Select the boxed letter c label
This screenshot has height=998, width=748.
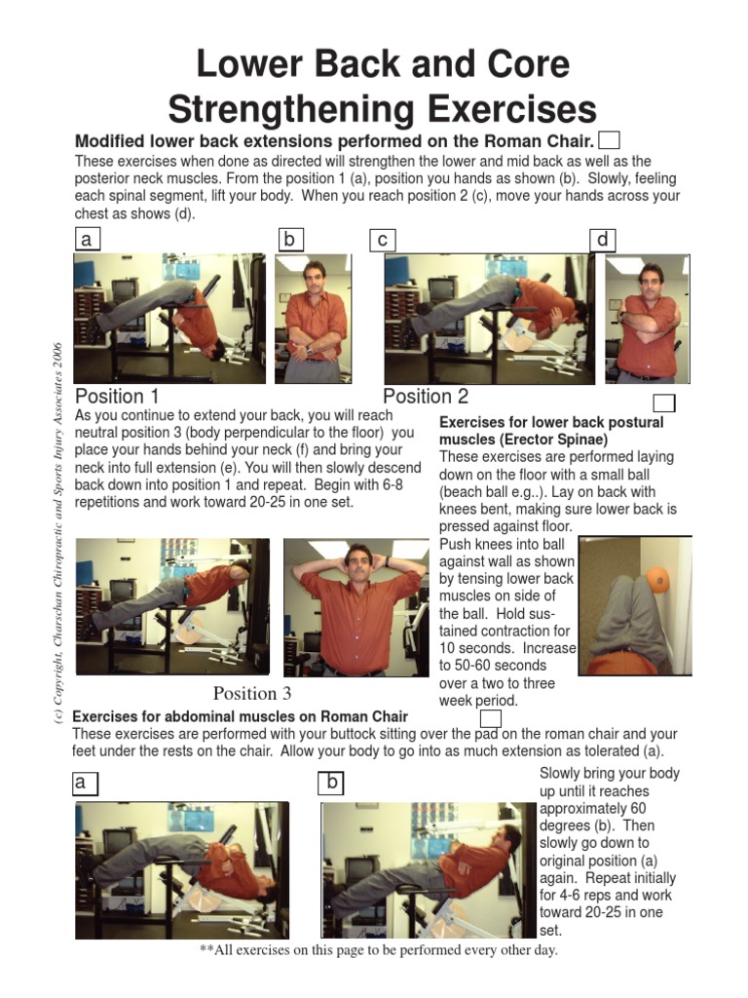tap(382, 240)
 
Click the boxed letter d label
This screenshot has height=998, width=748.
tap(603, 240)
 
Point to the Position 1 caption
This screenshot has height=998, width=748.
tap(117, 397)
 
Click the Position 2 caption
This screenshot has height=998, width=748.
tap(426, 397)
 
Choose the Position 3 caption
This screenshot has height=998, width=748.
tap(252, 693)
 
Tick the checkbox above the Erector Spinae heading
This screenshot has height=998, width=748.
tap(663, 403)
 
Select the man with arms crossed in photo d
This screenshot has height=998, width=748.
tap(646, 322)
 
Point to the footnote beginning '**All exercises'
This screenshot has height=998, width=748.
tap(378, 950)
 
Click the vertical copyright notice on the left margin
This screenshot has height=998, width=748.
tap(57, 531)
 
